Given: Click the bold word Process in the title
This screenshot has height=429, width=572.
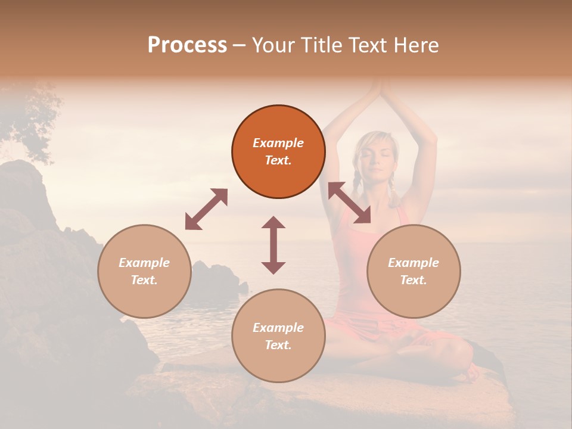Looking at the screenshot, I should (x=187, y=45).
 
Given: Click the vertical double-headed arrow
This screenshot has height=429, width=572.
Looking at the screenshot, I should (x=273, y=245).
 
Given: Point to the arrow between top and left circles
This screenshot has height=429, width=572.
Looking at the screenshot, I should (x=206, y=209).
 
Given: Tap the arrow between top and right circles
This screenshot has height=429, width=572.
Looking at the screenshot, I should (x=349, y=203).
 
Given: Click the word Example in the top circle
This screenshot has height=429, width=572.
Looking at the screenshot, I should (x=278, y=143).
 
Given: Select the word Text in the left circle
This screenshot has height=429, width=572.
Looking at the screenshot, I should (x=144, y=280).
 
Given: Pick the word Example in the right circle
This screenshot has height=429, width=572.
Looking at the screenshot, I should (x=414, y=263).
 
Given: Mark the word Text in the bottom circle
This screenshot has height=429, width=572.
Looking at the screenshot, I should (x=278, y=345).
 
